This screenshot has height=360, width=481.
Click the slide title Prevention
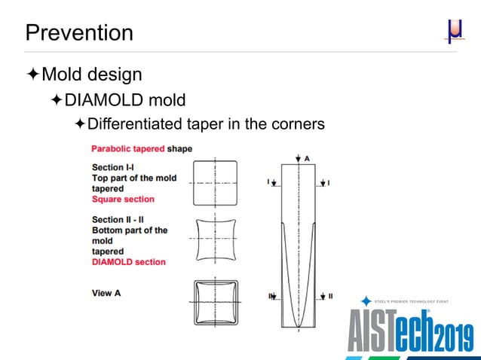point(79,32)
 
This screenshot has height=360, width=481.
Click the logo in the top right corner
point(454,31)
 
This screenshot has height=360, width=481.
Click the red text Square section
point(123,200)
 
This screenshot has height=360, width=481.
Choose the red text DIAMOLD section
point(128,262)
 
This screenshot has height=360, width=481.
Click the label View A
point(106,293)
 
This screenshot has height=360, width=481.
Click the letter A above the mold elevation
point(307,157)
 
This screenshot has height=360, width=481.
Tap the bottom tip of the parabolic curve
point(299,327)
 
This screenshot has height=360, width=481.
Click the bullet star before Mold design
point(32,74)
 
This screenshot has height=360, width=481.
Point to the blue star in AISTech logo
point(366,301)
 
